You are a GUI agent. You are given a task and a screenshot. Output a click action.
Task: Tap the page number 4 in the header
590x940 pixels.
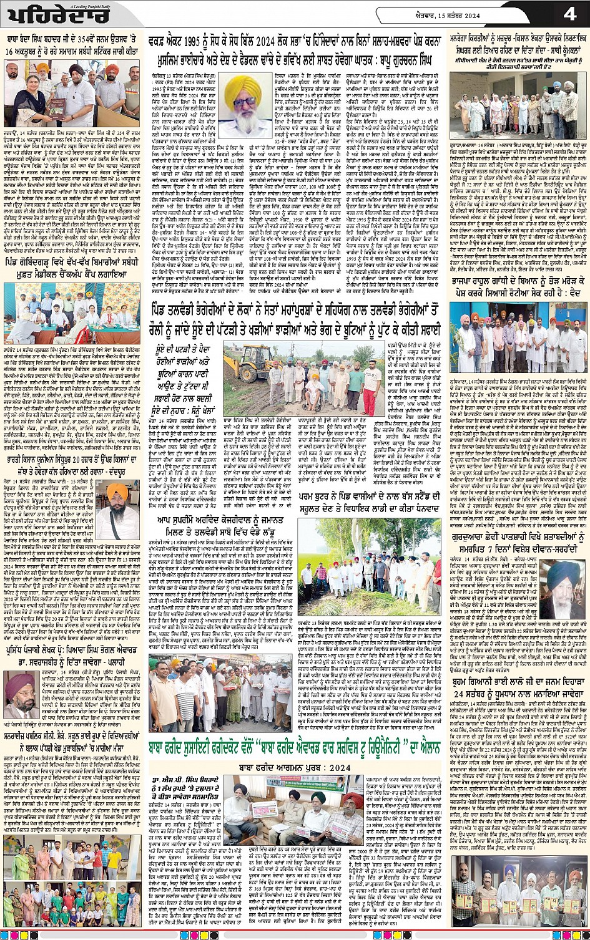pos(569,14)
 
